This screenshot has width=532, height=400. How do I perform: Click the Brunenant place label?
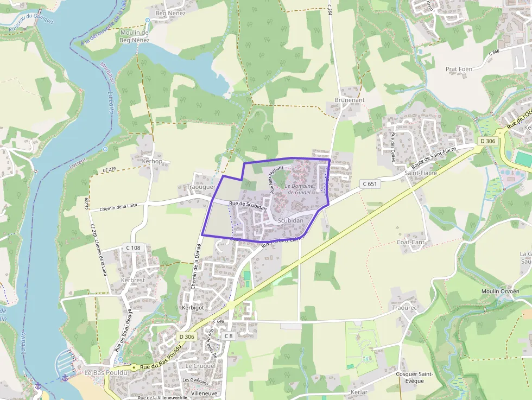click(x=350, y=100)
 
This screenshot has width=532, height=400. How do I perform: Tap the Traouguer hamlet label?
click(x=201, y=187)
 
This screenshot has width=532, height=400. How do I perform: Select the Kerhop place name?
click(x=152, y=161)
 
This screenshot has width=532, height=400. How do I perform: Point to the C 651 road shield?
click(x=369, y=185)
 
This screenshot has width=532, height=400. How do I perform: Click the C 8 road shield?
click(x=229, y=336)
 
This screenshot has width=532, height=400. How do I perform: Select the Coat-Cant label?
click(x=410, y=242)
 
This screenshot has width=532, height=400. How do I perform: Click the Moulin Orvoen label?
click(x=500, y=291)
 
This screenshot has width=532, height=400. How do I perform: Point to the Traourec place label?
click(x=404, y=308)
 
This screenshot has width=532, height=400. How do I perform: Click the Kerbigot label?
click(x=192, y=307)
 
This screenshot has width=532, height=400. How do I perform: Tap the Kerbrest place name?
click(x=133, y=280)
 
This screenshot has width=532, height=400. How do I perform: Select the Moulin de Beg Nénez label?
click(x=134, y=36)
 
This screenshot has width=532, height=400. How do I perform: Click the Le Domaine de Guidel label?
click(x=299, y=189)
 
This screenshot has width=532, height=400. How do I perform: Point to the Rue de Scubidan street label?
click(x=248, y=206)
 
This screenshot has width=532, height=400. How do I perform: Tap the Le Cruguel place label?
click(x=200, y=366)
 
